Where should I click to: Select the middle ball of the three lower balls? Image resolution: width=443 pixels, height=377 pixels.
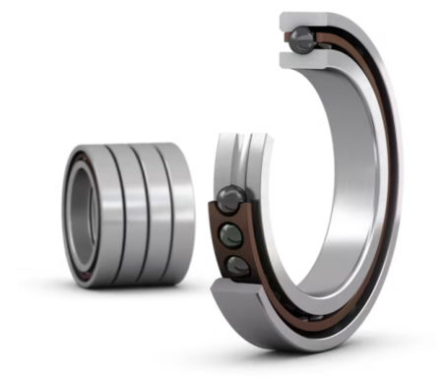(x=229, y=235)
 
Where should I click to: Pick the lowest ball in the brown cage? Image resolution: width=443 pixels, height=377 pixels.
(x=237, y=266)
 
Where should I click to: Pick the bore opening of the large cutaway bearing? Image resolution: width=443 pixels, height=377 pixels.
(x=315, y=177)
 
